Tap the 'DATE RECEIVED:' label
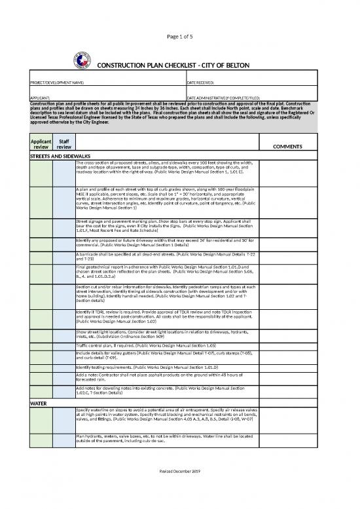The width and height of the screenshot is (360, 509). [x=204, y=84]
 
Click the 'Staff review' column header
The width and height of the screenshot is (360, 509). [x=63, y=145]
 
